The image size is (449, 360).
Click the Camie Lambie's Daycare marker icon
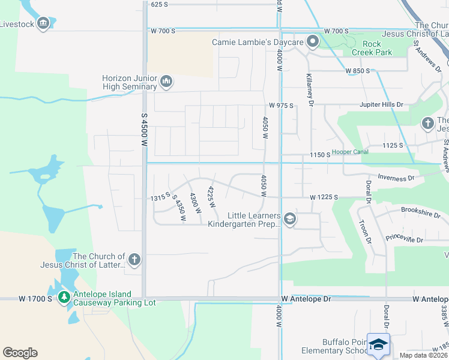pos(312,42)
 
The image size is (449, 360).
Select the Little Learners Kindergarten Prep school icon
pos(290,219)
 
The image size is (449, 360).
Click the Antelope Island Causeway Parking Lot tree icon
pos(64,297)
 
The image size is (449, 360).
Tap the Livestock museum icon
pos(43,23)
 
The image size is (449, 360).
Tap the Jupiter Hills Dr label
pos(381,105)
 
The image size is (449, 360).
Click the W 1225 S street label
pos(325,197)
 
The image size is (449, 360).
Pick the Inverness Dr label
pos(396,178)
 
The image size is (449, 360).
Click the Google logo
pos(20,353)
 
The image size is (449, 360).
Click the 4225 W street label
pos(211,196)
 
